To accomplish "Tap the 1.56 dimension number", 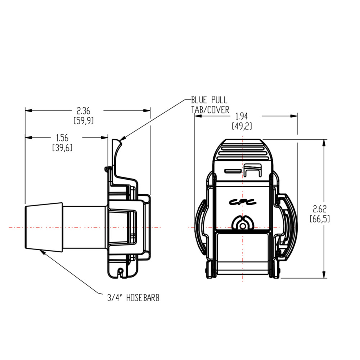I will pos(62,138).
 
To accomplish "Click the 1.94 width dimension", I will pos(243,116).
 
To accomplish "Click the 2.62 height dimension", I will pos(320,209).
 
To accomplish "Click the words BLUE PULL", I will pos(209,100).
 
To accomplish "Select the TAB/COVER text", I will pos(210,110).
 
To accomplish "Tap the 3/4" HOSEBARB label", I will pos(133,298).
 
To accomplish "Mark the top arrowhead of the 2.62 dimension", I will pos(324,143).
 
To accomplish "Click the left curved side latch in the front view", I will pos(201,227).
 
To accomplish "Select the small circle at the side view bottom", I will pos(121,271).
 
